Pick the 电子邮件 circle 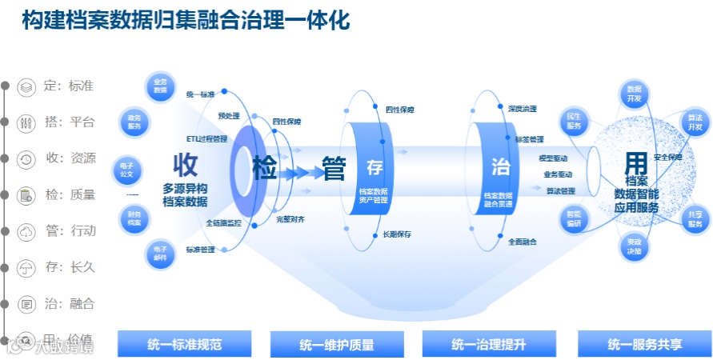pos(159,253)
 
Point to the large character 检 pos(265,170)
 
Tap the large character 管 pos(333,170)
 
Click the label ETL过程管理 pos(206,138)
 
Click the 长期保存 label pos(397,234)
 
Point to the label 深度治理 pos(522,108)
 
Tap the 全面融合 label pos(522,241)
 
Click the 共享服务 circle pos(694,219)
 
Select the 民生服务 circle pos(574,120)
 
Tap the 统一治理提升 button pos(488,345)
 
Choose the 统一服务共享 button pos(644,345)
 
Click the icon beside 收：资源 pos(26,158)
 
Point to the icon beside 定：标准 pos(26,86)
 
